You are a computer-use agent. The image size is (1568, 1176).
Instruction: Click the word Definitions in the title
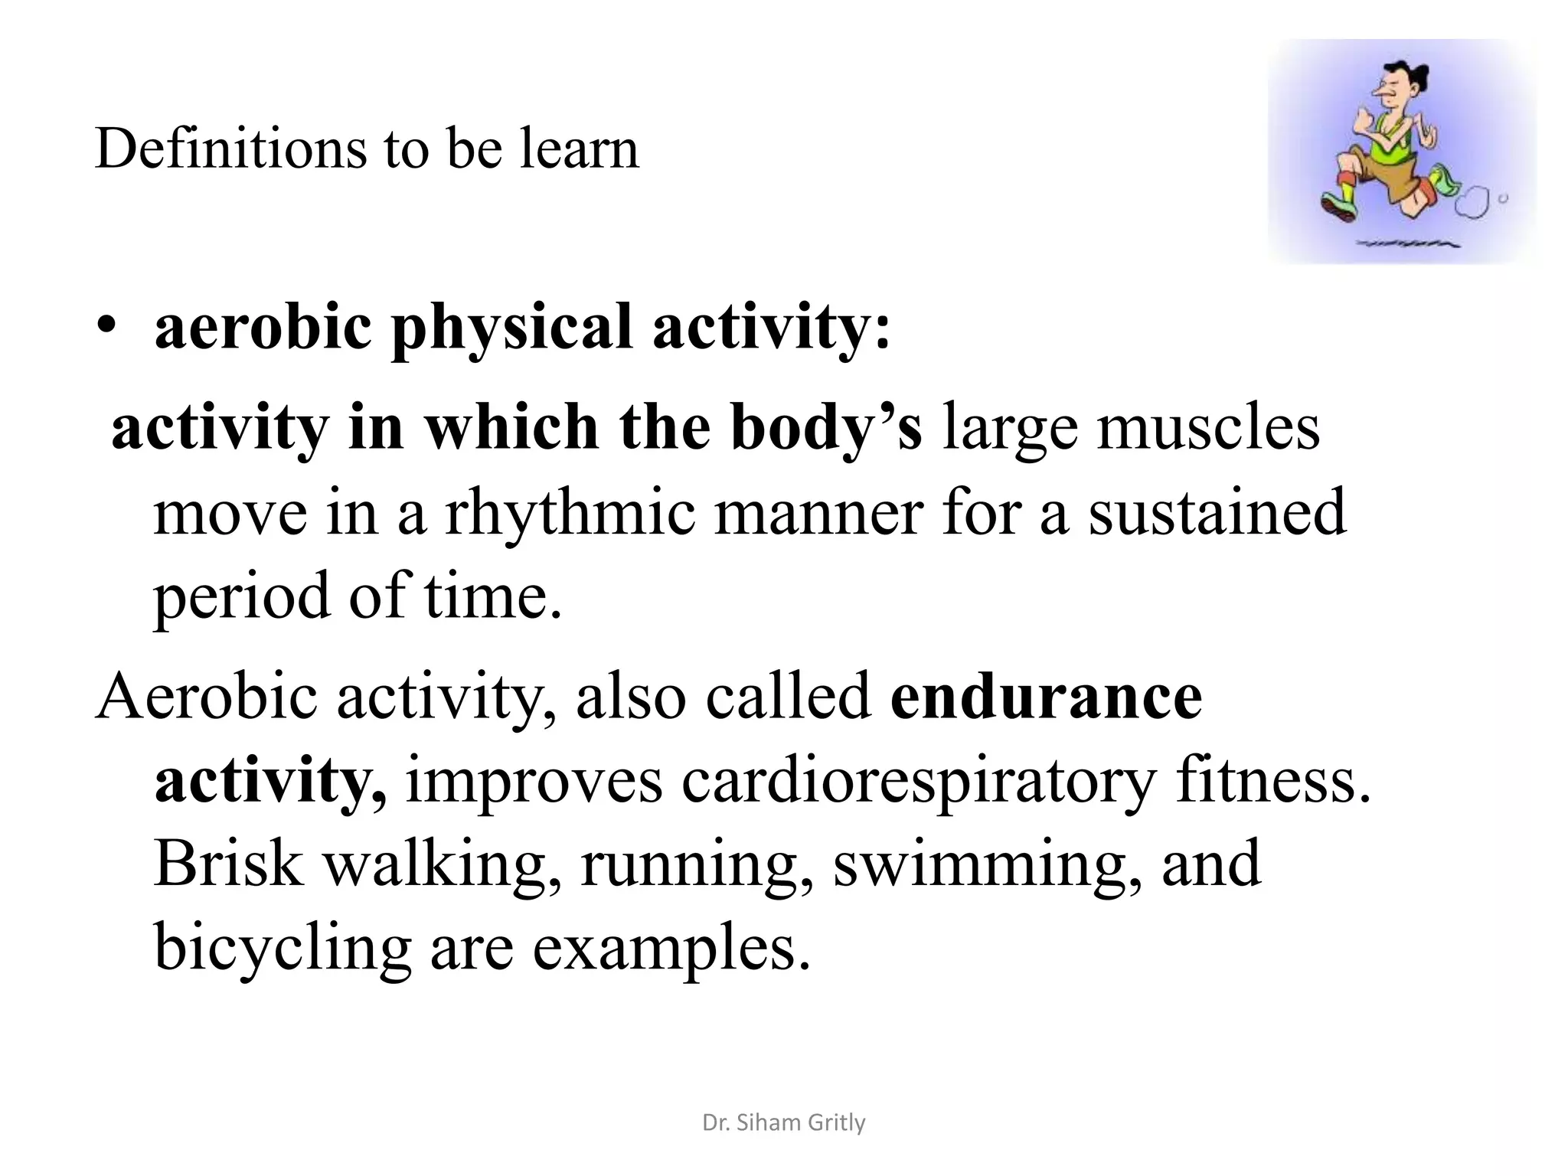click(230, 149)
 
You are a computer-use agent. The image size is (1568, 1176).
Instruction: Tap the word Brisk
click(228, 864)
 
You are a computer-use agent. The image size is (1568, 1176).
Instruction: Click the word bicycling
click(283, 948)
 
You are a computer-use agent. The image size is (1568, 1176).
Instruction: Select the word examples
click(671, 948)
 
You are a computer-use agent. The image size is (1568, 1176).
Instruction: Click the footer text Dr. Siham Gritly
click(783, 1122)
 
